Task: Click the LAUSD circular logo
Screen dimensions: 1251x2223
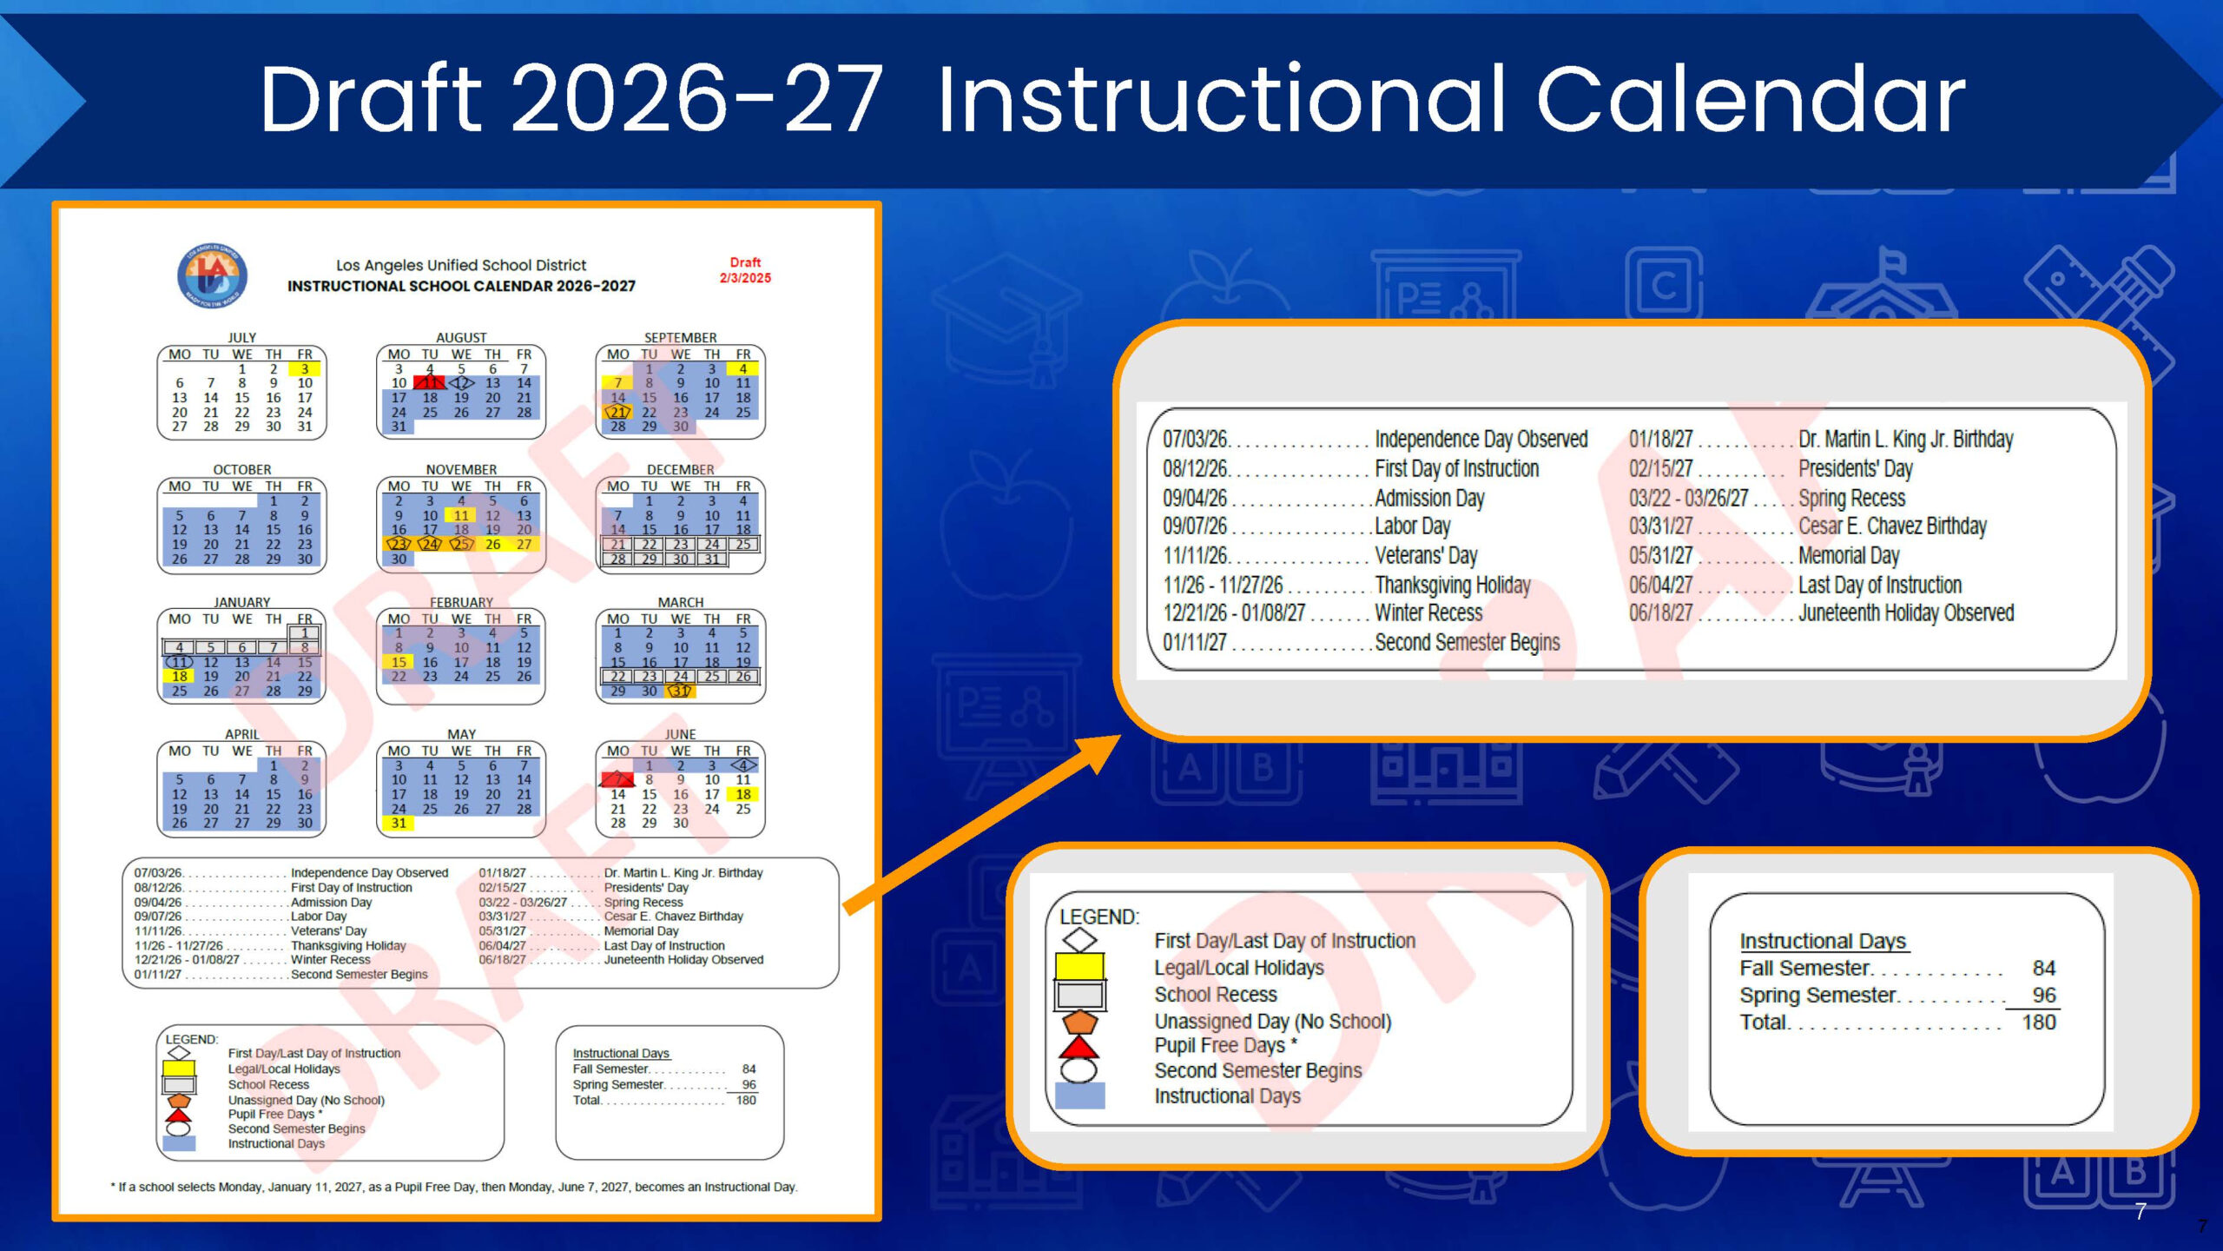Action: click(212, 275)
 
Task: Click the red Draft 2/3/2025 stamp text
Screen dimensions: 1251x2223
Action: click(744, 270)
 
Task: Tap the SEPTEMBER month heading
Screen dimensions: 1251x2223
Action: click(680, 337)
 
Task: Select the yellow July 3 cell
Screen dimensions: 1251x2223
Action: click(305, 369)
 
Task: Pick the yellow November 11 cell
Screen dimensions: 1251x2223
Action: click(461, 516)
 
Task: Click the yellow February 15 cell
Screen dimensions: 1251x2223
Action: click(399, 662)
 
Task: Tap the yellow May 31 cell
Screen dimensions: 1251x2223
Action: click(399, 824)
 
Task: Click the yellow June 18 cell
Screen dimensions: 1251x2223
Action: click(743, 794)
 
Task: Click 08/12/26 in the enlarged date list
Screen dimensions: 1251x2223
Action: click(1195, 469)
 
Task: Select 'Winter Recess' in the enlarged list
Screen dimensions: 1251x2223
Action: click(1428, 613)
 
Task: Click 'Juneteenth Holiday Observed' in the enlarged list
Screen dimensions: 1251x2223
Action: click(1905, 613)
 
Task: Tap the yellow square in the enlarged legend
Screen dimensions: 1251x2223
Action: click(1079, 966)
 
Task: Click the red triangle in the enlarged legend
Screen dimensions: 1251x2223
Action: click(1079, 1046)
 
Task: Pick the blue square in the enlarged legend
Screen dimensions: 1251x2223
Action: click(1079, 1095)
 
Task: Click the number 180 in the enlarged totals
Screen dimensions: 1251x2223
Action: click(2038, 1023)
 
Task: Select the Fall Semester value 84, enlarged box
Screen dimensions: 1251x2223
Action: click(2043, 969)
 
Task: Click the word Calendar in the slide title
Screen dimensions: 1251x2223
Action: click(1750, 100)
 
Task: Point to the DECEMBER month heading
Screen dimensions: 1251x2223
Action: click(680, 469)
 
